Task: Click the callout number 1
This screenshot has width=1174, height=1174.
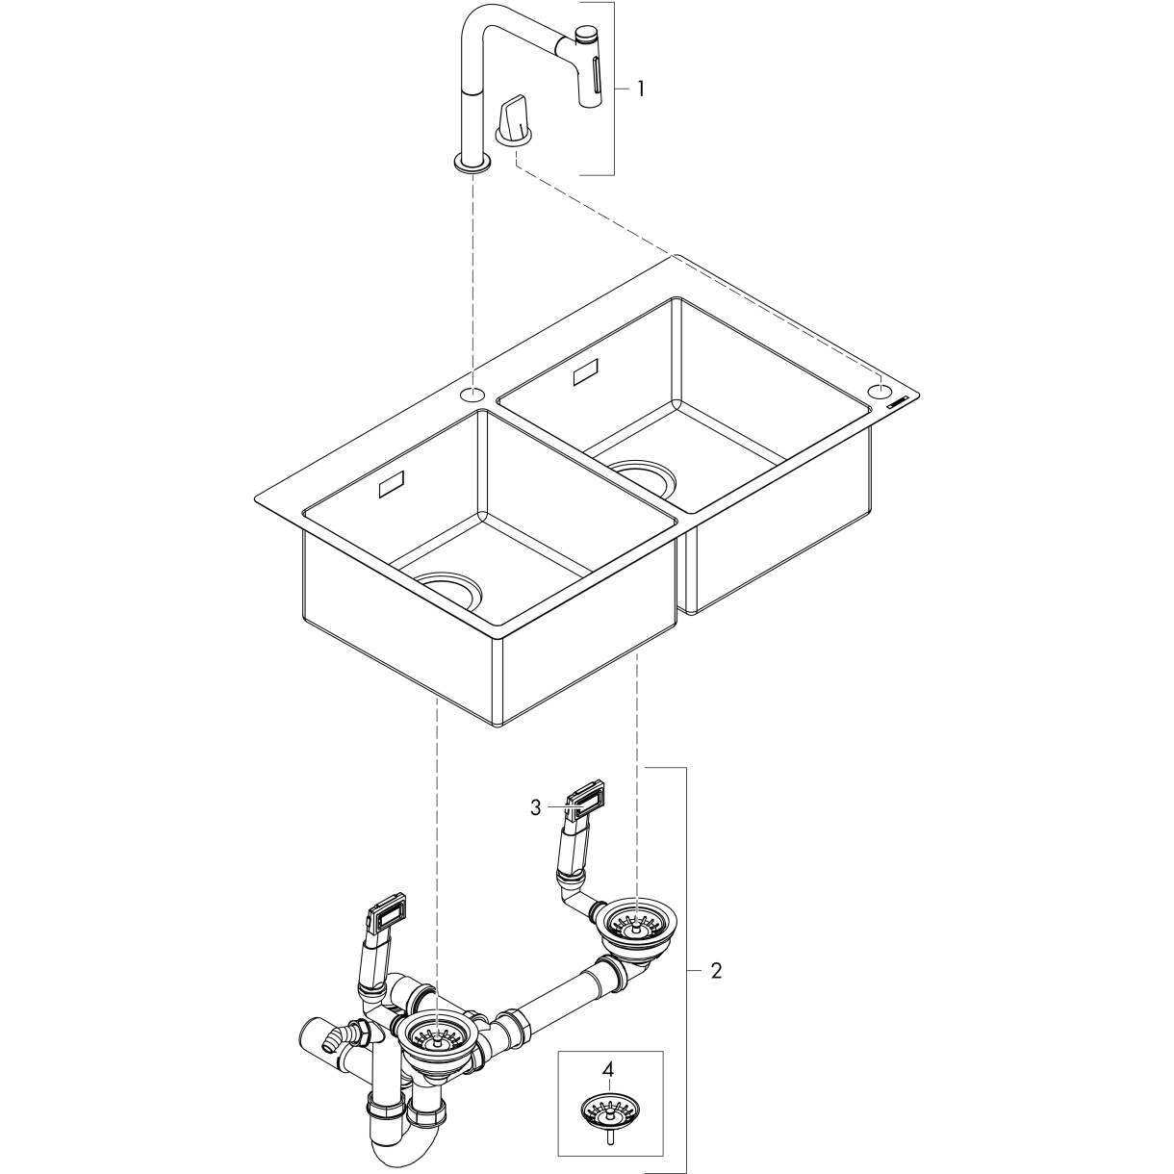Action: tap(641, 89)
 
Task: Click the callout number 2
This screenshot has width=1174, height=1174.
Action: tap(715, 970)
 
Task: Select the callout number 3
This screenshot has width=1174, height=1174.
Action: tap(536, 807)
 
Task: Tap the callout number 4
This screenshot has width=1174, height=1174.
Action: tap(607, 1068)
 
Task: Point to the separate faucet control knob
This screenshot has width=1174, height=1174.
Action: tap(513, 123)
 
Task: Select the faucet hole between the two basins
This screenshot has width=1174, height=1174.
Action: tap(472, 394)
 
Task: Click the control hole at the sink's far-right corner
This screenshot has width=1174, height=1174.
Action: tap(880, 391)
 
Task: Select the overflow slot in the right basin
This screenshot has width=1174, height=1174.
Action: tap(587, 373)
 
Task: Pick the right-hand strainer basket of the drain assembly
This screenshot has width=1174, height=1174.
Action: tap(633, 927)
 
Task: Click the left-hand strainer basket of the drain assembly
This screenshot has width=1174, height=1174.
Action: tap(435, 1035)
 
